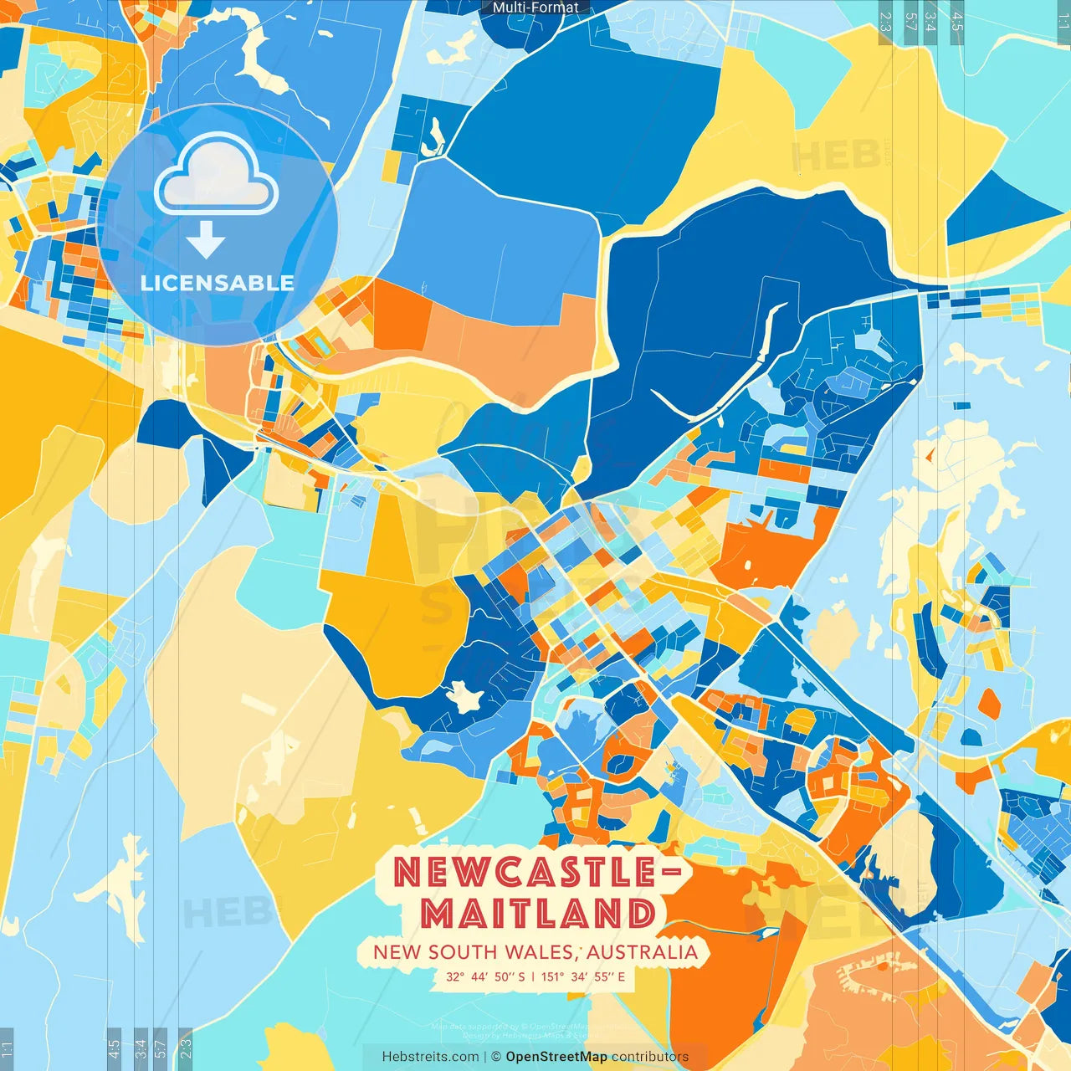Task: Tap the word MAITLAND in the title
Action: click(539, 913)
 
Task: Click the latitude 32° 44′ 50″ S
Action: click(485, 976)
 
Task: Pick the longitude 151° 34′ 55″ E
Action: click(583, 976)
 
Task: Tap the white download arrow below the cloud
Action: click(206, 240)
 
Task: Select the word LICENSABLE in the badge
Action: click(218, 283)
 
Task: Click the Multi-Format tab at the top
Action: click(535, 8)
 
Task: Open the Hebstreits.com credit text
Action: click(430, 1057)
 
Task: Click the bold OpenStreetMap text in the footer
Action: click(556, 1057)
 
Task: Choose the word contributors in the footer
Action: click(650, 1057)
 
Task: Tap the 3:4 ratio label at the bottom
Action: click(141, 1048)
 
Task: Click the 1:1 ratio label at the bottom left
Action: click(7, 1048)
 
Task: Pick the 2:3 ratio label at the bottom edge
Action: click(185, 1048)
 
